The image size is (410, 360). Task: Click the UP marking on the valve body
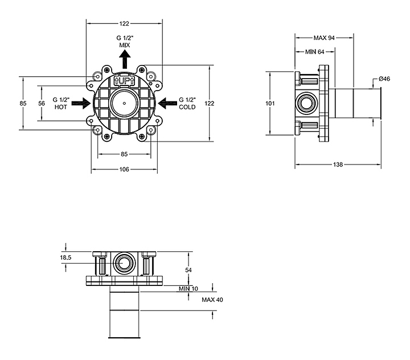pos(125,80)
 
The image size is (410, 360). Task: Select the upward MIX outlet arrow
pos(125,59)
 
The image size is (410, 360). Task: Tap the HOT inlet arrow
pos(81,103)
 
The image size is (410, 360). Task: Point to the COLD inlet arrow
pos(167,103)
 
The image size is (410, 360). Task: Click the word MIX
pos(125,45)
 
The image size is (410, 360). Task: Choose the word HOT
pos(61,107)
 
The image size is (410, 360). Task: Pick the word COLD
pos(187,107)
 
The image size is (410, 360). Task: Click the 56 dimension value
pos(42,103)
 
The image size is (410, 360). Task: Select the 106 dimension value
pos(124,170)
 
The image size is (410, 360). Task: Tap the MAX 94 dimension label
pos(324,38)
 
